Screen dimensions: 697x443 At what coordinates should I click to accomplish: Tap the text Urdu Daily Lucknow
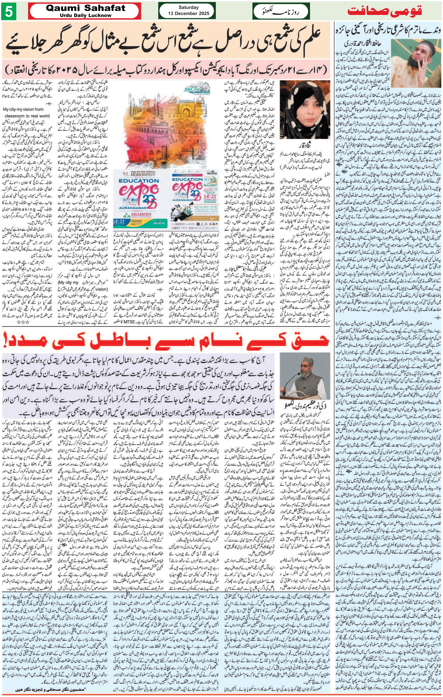click(x=86, y=15)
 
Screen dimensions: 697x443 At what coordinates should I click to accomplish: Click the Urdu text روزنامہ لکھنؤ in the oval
click(x=281, y=12)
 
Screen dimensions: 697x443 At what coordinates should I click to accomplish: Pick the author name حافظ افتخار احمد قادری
click(x=362, y=44)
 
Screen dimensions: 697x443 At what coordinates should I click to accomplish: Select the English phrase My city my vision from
click(x=23, y=109)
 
